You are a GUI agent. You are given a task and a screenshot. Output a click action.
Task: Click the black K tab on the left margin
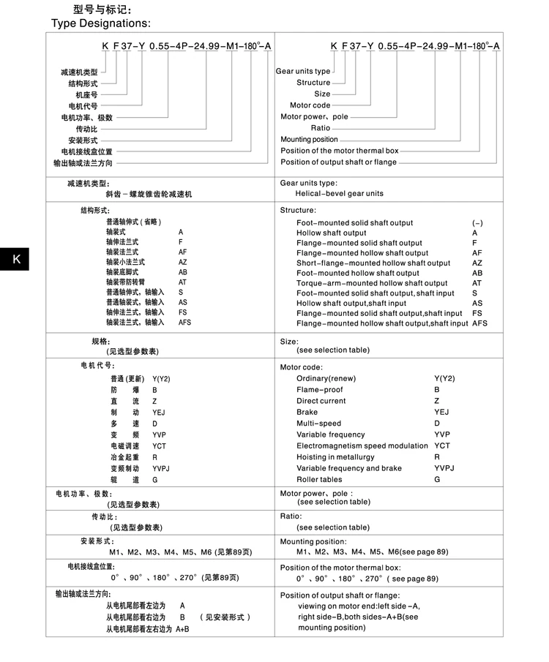tap(15, 259)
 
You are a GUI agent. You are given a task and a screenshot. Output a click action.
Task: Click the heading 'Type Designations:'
tap(100, 24)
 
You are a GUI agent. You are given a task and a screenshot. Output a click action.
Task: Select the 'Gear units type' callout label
tap(303, 72)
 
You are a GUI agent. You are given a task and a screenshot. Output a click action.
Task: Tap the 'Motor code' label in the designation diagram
tap(310, 105)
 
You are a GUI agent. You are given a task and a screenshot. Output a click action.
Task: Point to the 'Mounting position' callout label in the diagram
tap(309, 139)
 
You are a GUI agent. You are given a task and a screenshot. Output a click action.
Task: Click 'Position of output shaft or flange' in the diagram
tap(338, 162)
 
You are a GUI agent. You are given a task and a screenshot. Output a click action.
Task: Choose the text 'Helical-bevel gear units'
tap(339, 194)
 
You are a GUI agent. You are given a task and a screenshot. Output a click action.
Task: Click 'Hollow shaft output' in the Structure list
tap(331, 233)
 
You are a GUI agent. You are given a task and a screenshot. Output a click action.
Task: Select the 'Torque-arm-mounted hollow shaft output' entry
tap(372, 283)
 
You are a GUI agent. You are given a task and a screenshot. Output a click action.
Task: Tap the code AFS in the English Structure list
tap(479, 323)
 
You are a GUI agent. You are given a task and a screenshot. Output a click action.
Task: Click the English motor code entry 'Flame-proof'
tap(319, 390)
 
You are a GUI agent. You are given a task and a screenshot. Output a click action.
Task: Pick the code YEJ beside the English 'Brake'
tap(441, 412)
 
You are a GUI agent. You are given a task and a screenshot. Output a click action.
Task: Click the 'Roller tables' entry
tap(319, 479)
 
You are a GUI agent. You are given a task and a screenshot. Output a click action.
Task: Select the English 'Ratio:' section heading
tap(291, 516)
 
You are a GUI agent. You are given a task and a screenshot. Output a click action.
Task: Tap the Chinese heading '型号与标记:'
tap(102, 10)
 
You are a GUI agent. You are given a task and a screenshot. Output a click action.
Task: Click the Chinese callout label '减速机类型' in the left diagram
tap(79, 72)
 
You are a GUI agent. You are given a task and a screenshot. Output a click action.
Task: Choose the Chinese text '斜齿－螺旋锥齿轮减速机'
tap(149, 195)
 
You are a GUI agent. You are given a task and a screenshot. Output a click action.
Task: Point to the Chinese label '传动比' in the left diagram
tap(86, 129)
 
